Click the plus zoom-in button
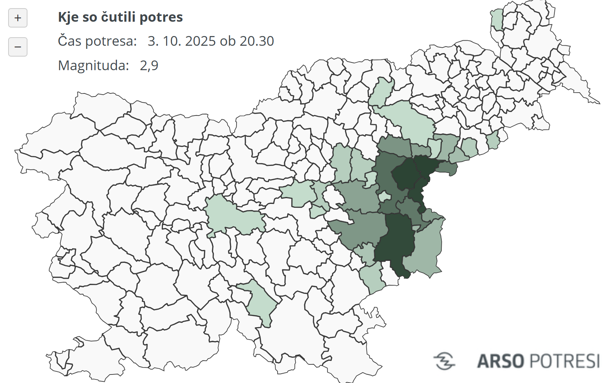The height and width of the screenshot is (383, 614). click(x=18, y=18)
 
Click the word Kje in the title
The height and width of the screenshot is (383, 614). click(x=66, y=17)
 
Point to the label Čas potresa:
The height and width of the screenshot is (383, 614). click(x=97, y=41)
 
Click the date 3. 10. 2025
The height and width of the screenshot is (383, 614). click(x=182, y=41)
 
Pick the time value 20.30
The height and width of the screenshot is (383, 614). click(x=257, y=41)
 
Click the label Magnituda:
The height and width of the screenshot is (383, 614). click(x=93, y=66)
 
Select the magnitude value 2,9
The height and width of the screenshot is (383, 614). click(x=149, y=66)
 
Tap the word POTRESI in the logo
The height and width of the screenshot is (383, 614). click(x=564, y=361)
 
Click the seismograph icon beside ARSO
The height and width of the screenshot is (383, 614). click(x=444, y=361)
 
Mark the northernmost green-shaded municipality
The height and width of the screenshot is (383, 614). click(x=497, y=19)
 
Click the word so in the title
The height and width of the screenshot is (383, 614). click(x=89, y=17)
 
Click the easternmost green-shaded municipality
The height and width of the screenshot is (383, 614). click(x=493, y=140)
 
